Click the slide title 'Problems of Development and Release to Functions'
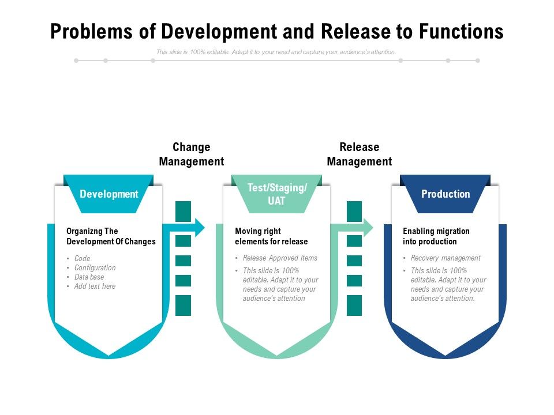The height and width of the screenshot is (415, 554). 277,31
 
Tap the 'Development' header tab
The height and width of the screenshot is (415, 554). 109,194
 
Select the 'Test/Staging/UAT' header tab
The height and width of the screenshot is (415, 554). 277,194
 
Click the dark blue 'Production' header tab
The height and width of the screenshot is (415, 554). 446,194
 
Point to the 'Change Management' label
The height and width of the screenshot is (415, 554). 191,154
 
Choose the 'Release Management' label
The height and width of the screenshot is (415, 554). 359,154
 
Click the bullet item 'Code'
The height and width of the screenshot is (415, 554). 83,259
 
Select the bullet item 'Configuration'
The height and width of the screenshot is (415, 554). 95,268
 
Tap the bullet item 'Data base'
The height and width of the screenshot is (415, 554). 89,277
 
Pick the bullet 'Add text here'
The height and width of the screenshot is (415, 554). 95,286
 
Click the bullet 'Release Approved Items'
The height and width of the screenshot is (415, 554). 280,258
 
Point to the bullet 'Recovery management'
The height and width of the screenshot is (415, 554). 446,258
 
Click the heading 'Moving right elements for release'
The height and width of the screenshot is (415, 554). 271,236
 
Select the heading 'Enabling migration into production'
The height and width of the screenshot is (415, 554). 436,236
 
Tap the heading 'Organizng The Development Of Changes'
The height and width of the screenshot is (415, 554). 111,236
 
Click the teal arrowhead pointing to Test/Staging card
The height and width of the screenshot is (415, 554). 199,227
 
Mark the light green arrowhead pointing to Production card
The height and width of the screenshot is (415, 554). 368,227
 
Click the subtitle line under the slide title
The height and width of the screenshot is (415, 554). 276,52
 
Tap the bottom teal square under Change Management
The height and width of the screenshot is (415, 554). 183,305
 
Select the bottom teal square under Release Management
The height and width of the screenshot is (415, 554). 354,305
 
